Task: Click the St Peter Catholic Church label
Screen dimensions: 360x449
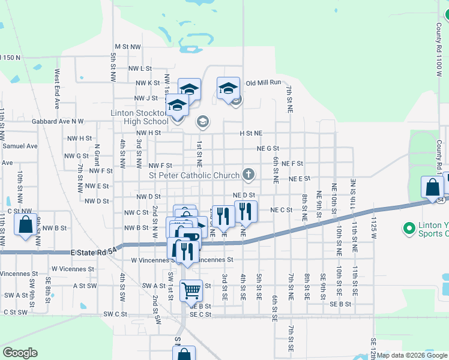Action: pyautogui.click(x=194, y=175)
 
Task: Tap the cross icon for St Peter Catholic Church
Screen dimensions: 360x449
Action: pyautogui.click(x=248, y=175)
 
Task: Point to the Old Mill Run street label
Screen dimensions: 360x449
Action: pyautogui.click(x=264, y=83)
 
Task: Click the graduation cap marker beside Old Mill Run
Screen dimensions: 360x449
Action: pyautogui.click(x=228, y=88)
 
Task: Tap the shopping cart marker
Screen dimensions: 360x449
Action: pyautogui.click(x=191, y=291)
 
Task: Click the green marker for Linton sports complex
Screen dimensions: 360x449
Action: pyautogui.click(x=409, y=229)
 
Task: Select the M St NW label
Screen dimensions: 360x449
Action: pyautogui.click(x=127, y=46)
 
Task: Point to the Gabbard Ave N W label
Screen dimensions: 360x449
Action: pyautogui.click(x=58, y=121)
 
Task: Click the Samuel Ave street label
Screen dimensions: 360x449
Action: pyautogui.click(x=20, y=146)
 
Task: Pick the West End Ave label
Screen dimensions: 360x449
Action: pyautogui.click(x=57, y=88)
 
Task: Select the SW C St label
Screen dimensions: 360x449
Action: pyautogui.click(x=116, y=314)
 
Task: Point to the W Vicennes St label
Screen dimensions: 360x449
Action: pyautogui.click(x=73, y=269)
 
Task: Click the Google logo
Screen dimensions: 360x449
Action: pyautogui.click(x=20, y=353)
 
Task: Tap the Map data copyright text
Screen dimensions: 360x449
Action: pyautogui.click(x=411, y=355)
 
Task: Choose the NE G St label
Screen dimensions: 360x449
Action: pyautogui.click(x=268, y=148)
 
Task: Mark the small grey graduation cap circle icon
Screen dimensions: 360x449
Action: pyautogui.click(x=203, y=122)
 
